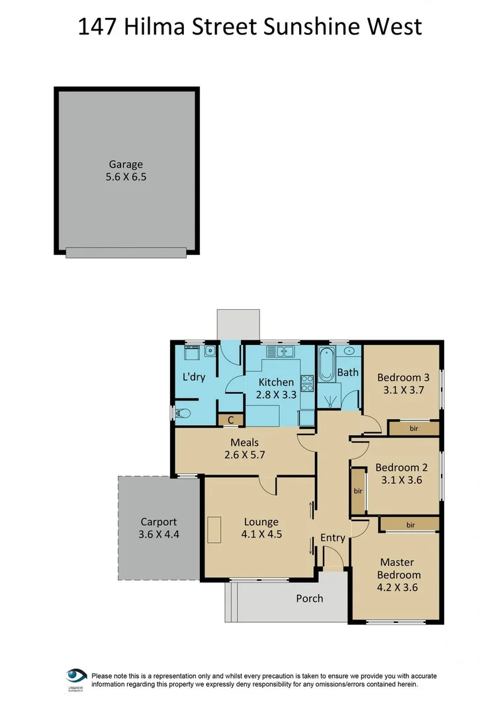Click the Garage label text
[x=126, y=164]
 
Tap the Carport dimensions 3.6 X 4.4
[x=158, y=534]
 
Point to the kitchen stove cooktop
[x=307, y=383]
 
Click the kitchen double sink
[x=285, y=352]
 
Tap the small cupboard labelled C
[x=231, y=419]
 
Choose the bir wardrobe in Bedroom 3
[x=414, y=429]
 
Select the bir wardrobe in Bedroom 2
[x=358, y=491]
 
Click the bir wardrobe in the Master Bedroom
[x=410, y=524]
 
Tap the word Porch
[x=309, y=598]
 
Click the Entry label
[x=332, y=538]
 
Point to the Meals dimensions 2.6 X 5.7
[x=244, y=455]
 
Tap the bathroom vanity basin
[x=349, y=351]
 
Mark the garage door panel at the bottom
[x=126, y=252]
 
